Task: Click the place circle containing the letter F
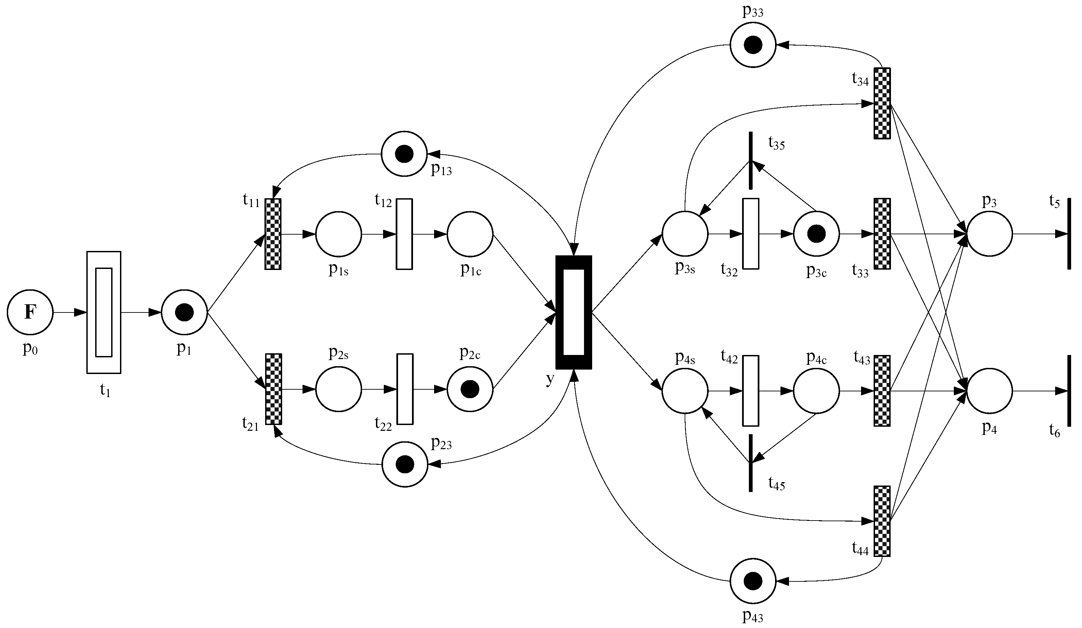[x=30, y=312]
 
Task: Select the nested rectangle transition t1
[x=104, y=312]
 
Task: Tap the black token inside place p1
[x=185, y=312]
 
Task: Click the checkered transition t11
[x=273, y=234]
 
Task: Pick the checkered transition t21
[x=274, y=389]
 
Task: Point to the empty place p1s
[x=339, y=234]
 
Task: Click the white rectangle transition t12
[x=405, y=234]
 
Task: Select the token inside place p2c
[x=470, y=389]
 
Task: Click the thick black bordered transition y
[x=573, y=312]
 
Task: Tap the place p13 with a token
[x=404, y=154]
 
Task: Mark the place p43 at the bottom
[x=753, y=581]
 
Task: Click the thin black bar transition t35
[x=751, y=160]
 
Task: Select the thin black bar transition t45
[x=751, y=463]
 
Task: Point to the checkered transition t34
[x=882, y=103]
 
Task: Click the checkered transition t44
[x=882, y=521]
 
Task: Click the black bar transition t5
[x=1069, y=234]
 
